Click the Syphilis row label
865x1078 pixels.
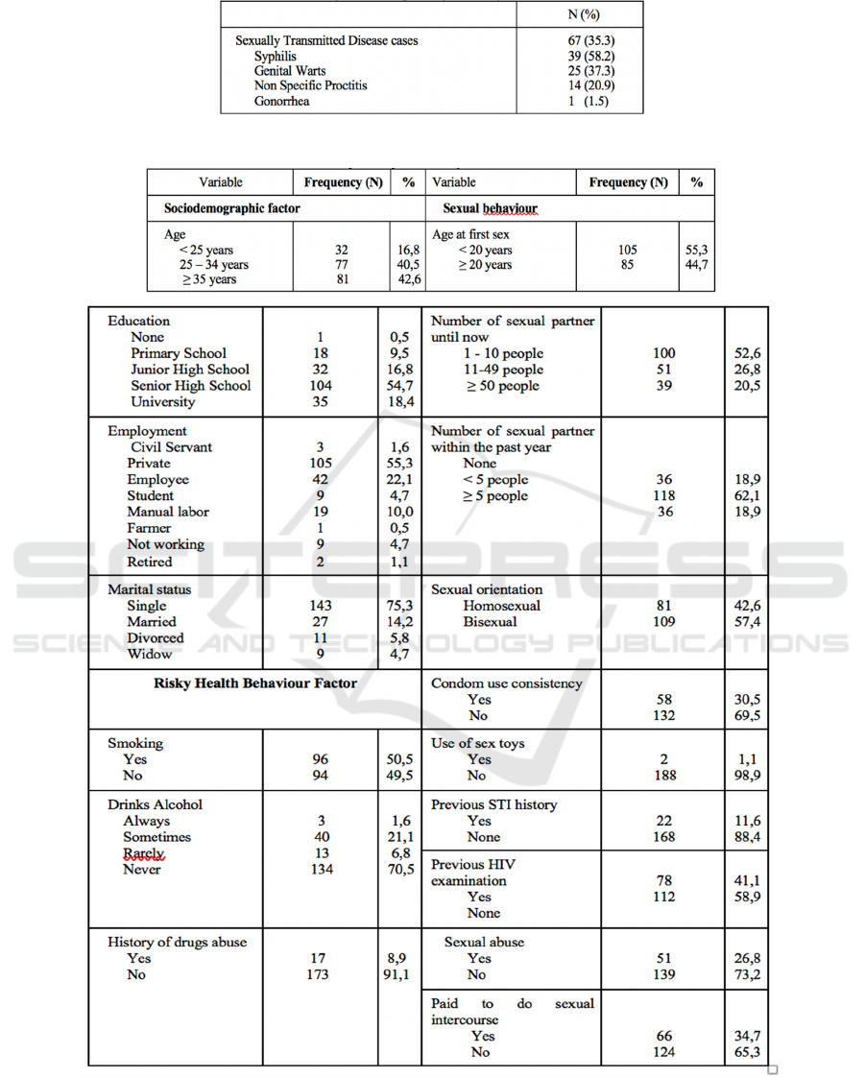pos(276,56)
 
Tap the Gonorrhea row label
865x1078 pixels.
pos(281,101)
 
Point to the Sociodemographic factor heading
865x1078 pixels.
pos(232,207)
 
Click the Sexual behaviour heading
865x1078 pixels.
pos(490,207)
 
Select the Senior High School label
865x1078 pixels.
pos(190,385)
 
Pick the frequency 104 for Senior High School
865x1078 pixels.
pos(321,385)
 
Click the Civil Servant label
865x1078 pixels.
pos(172,446)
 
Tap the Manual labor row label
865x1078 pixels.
pos(168,512)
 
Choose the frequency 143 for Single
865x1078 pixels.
pos(321,605)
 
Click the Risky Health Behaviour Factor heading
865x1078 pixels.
pos(255,683)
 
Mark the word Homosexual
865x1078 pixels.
pos(501,605)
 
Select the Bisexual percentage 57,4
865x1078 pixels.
pos(746,621)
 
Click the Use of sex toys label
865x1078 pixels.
pos(478,743)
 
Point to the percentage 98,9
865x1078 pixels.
pos(746,775)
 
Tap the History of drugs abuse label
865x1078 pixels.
pos(177,942)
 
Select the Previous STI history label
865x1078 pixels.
pos(493,804)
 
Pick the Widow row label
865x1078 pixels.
pos(150,654)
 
